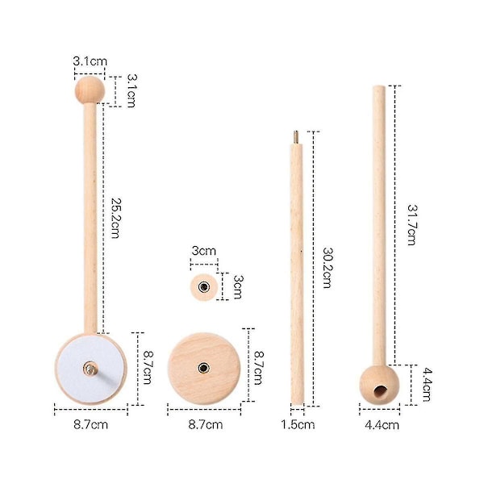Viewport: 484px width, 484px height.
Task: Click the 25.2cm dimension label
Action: click(115, 219)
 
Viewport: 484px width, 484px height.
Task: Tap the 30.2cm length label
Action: click(327, 268)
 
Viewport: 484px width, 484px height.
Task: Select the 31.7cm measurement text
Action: click(412, 225)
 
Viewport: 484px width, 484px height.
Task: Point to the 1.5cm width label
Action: click(298, 425)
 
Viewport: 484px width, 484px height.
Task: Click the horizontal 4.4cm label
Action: click(382, 425)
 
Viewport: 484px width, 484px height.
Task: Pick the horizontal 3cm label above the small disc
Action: click(204, 251)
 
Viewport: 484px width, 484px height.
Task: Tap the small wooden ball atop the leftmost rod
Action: click(90, 90)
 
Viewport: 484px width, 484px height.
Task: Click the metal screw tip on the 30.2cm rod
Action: click(296, 136)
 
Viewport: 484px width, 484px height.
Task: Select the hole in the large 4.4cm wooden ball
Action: click(380, 390)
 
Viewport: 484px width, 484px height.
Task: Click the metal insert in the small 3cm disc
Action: click(204, 286)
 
